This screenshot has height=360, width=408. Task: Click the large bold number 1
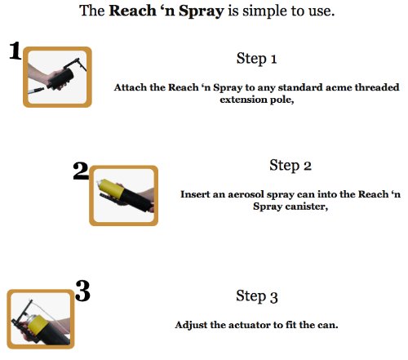[16, 51]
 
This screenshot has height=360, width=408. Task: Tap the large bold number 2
[81, 171]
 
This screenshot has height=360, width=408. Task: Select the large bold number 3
[82, 291]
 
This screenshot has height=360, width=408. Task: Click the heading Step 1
[256, 59]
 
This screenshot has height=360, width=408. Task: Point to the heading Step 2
[290, 166]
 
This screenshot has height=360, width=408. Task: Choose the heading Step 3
[257, 296]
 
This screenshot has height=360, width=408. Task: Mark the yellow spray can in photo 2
[111, 188]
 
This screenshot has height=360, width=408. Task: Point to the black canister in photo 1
[60, 79]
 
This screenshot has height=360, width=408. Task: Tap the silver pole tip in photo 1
[36, 91]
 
